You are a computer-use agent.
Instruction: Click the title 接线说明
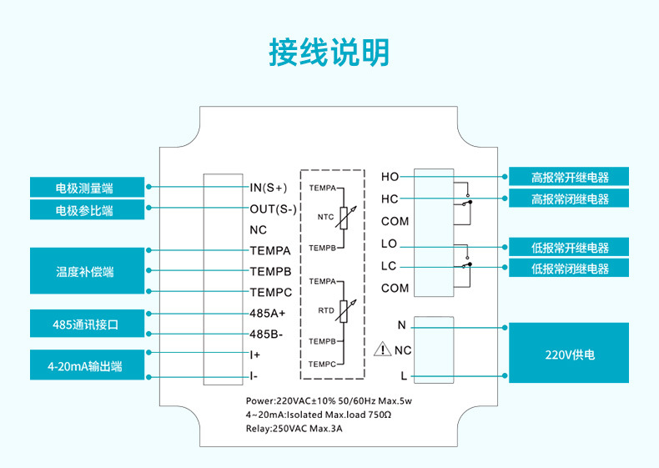click(329, 52)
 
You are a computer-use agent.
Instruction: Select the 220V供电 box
click(569, 355)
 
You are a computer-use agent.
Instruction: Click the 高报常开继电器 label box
click(569, 177)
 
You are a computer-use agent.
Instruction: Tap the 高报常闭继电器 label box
click(569, 199)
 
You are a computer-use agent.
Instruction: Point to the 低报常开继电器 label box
click(569, 247)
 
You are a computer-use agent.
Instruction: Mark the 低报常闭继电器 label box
click(569, 269)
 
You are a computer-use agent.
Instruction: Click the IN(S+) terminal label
click(269, 188)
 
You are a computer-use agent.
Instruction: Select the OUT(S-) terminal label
click(274, 209)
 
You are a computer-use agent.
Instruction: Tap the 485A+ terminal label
click(268, 313)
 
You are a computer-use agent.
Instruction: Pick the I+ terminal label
click(256, 355)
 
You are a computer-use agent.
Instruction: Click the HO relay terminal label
click(390, 177)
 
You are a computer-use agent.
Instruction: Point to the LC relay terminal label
click(389, 266)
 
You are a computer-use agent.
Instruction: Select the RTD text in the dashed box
click(326, 309)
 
